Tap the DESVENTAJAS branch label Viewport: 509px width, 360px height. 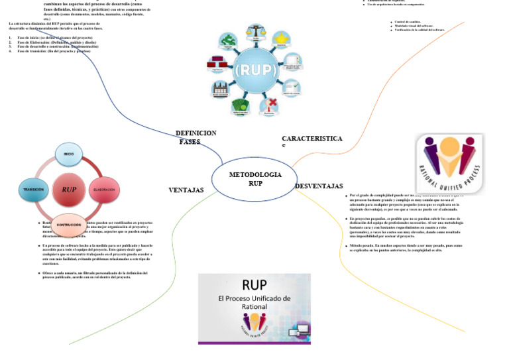coord(319,186)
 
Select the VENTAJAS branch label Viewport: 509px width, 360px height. coord(186,190)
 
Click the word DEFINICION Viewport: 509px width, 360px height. coord(196,133)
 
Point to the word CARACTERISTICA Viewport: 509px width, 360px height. coord(311,139)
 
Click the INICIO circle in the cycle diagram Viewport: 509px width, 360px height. coord(68,154)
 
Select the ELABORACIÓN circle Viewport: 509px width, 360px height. coord(104,189)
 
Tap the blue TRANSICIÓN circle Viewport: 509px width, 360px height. coord(34,190)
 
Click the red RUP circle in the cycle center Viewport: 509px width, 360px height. coord(69,190)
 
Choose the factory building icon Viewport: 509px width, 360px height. coord(221,89)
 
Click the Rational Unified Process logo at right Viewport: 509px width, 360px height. coord(449,164)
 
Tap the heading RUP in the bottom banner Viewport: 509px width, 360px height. coord(254,285)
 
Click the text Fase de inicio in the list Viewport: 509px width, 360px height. coord(32,38)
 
